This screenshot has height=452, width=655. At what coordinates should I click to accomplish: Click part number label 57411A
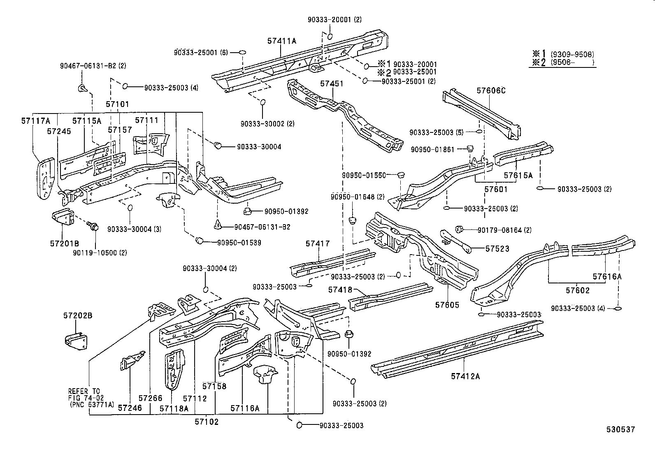click(282, 41)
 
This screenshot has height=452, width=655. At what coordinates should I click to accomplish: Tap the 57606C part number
click(491, 90)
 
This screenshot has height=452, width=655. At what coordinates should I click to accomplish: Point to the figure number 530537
click(620, 429)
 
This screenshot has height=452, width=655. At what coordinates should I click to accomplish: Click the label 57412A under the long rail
click(465, 376)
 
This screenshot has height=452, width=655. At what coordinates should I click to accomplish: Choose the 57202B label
click(78, 315)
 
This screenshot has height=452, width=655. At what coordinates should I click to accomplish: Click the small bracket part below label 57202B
click(76, 340)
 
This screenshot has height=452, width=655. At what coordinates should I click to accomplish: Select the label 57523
click(497, 248)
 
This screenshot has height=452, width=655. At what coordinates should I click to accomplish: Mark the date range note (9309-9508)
click(574, 54)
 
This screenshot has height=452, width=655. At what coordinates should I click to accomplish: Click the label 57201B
click(65, 243)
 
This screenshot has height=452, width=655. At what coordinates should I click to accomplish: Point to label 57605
click(447, 305)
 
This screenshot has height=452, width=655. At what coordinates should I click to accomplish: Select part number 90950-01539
click(239, 243)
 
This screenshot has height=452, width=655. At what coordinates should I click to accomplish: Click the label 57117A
click(35, 121)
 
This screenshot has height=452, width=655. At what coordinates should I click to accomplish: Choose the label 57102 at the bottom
click(207, 422)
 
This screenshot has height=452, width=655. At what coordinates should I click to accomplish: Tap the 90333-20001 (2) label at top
click(334, 19)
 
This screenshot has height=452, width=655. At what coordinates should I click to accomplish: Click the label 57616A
click(607, 276)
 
